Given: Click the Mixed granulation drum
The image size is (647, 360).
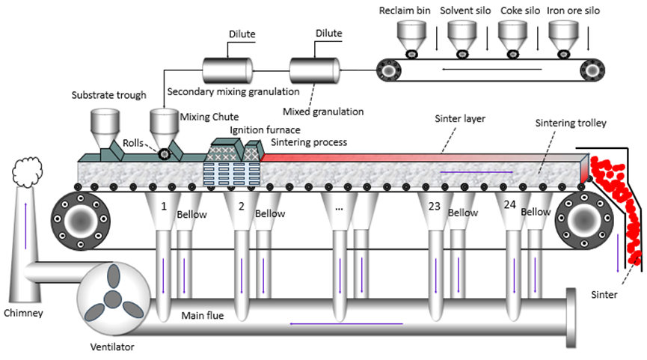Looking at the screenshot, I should tap(315, 70).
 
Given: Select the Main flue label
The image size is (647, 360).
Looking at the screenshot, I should tap(202, 315).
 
